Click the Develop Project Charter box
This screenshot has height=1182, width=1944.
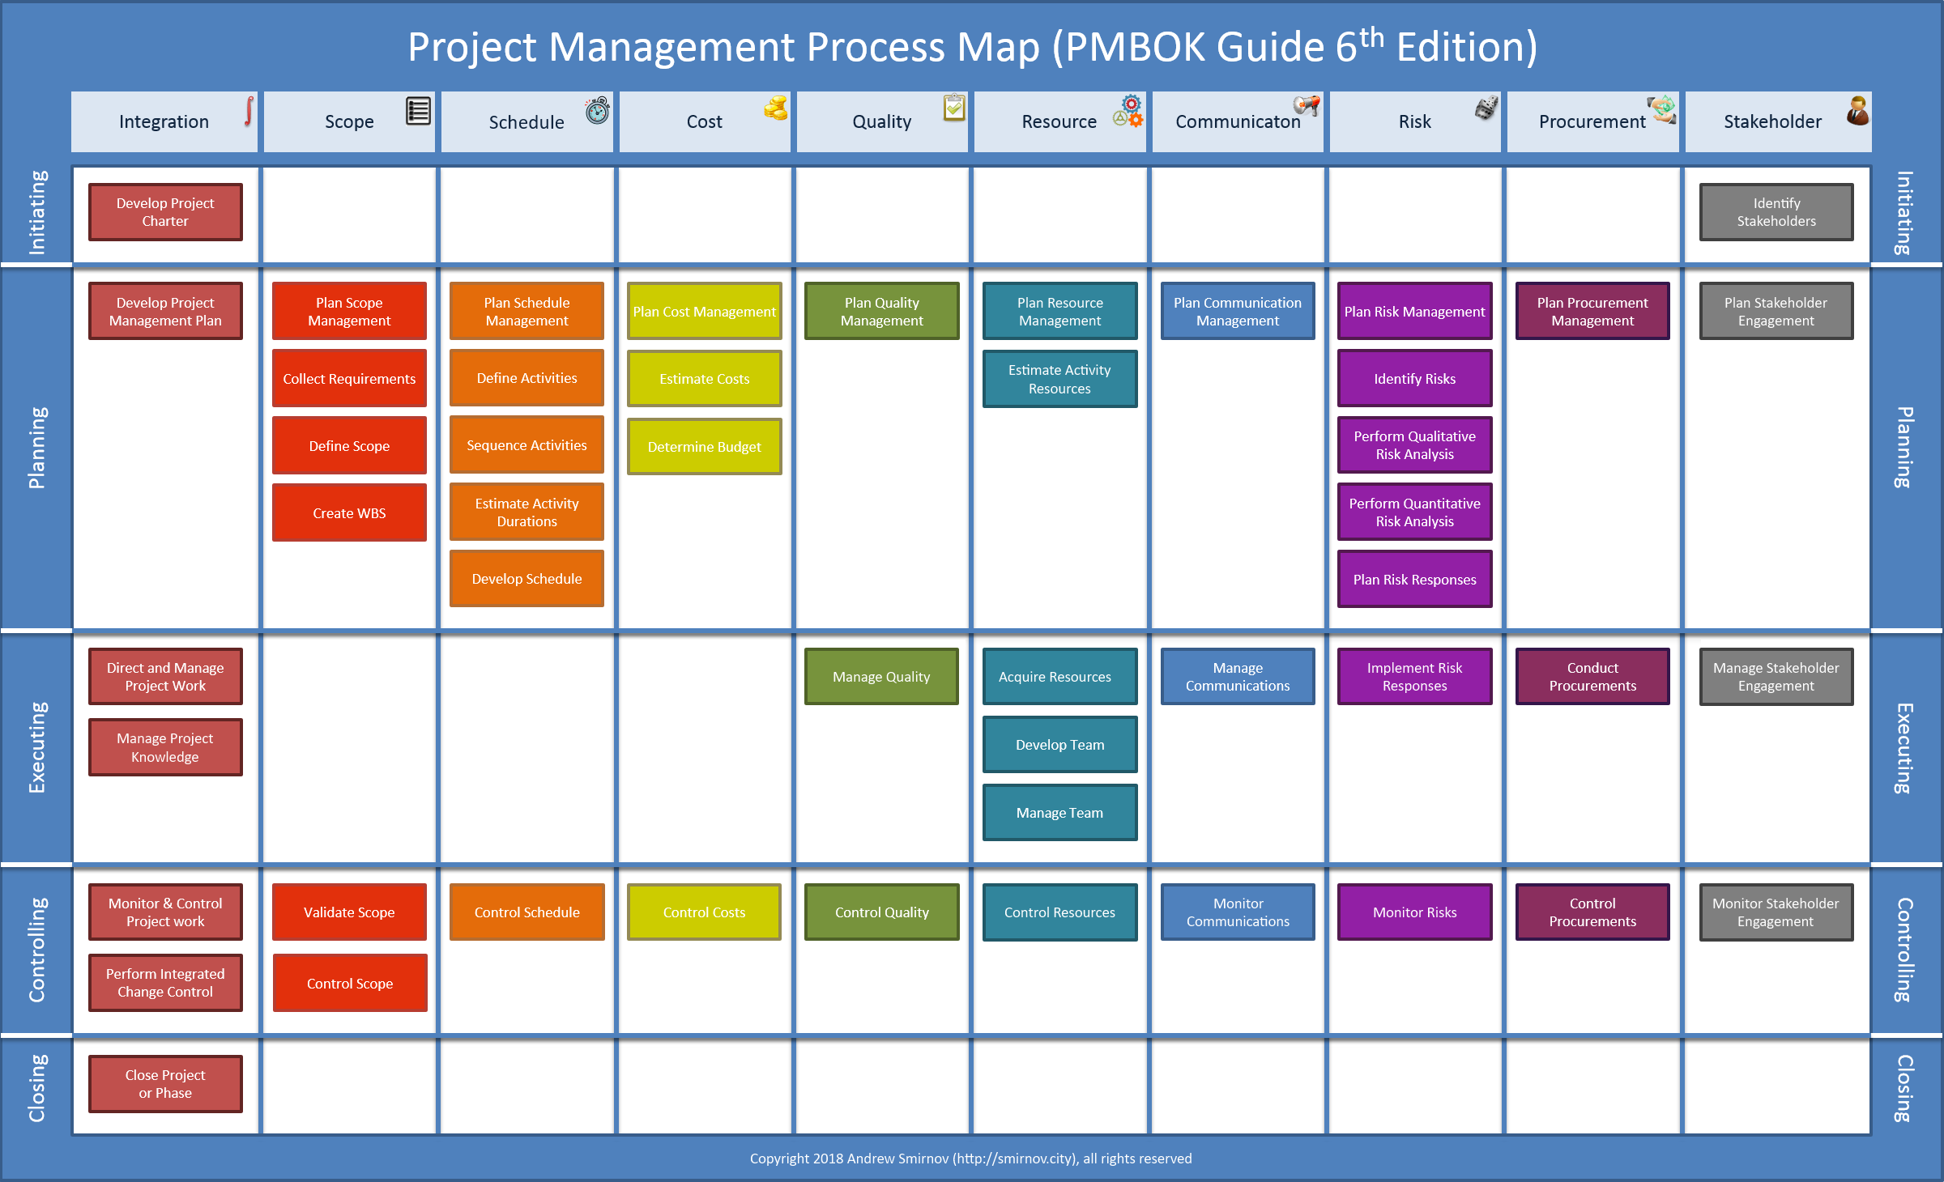[x=165, y=212]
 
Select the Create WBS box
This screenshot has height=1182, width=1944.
[x=349, y=512]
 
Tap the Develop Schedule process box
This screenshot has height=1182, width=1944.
[x=526, y=579]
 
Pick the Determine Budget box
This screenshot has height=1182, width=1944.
[x=704, y=446]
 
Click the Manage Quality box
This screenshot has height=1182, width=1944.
[x=881, y=676]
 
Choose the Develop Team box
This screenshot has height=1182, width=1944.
[x=1059, y=744]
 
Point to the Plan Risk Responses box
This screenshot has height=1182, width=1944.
[x=1414, y=579]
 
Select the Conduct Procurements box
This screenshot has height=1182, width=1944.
[x=1592, y=676]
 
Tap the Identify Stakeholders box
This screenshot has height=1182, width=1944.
[x=1776, y=212]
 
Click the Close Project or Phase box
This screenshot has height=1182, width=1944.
[x=165, y=1084]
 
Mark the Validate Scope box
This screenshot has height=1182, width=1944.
[x=349, y=912]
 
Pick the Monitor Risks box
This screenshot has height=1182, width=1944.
[x=1414, y=912]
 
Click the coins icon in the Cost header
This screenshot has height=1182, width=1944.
[x=775, y=108]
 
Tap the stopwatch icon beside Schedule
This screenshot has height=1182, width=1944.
[x=598, y=110]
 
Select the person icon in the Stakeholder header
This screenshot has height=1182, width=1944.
[x=1857, y=110]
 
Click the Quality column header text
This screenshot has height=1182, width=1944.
[x=881, y=121]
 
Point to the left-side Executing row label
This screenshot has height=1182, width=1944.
[x=37, y=747]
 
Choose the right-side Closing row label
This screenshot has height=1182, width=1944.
[x=1905, y=1088]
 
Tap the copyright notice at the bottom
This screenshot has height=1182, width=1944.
[x=970, y=1159]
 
